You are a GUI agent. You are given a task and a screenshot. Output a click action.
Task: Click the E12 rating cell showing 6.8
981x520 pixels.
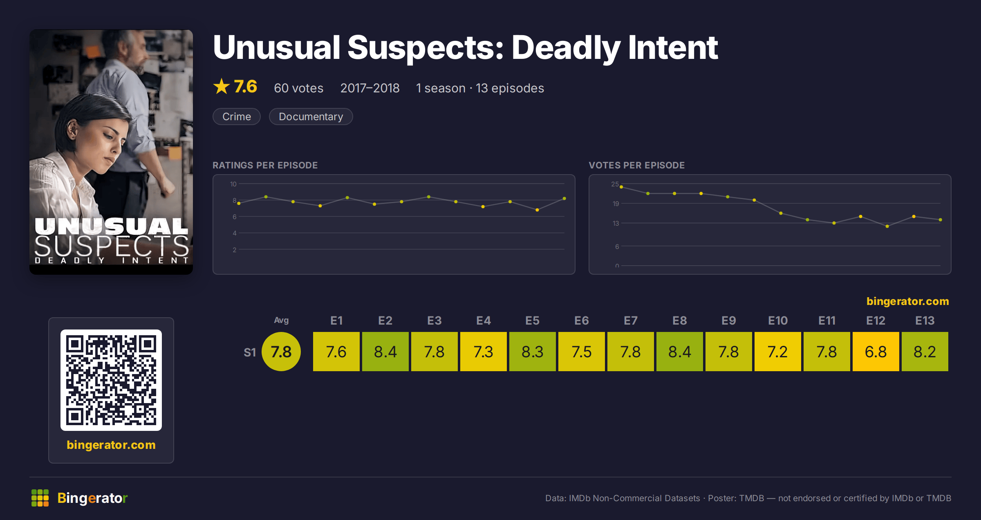[876, 352]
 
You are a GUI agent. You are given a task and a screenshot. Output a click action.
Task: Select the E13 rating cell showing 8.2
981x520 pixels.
[925, 352]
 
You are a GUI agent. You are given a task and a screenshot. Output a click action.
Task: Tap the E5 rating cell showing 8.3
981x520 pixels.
[532, 352]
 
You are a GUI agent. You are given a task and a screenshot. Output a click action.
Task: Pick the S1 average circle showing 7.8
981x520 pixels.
[281, 352]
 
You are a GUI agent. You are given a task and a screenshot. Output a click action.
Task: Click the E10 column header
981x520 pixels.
[777, 321]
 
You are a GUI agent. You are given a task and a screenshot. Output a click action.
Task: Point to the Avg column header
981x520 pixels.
[281, 320]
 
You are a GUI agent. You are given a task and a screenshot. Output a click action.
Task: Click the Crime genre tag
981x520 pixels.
[237, 117]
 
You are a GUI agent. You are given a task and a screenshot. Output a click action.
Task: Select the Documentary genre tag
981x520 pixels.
[311, 117]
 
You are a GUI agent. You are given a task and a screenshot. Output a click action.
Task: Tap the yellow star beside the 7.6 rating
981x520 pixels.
[222, 86]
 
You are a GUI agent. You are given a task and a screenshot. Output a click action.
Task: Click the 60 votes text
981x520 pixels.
[298, 88]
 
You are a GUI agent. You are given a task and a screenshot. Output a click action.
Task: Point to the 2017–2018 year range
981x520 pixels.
[370, 88]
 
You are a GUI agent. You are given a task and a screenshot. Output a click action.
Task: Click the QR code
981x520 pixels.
[111, 380]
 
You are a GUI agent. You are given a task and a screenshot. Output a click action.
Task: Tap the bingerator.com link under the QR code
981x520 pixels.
[111, 445]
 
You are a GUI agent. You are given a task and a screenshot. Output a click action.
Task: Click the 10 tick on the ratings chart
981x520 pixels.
[233, 184]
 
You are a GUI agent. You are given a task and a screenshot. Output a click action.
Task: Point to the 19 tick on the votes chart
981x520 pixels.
[616, 204]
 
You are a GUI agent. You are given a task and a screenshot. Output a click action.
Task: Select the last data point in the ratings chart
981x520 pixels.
[564, 199]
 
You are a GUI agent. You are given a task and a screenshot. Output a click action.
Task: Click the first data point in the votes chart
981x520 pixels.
[621, 187]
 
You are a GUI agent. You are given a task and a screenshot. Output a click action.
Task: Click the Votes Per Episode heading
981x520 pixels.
[636, 165]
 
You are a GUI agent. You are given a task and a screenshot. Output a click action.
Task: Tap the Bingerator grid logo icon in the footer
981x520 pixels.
[40, 498]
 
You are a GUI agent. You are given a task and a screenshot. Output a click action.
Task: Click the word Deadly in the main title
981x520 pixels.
[566, 48]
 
